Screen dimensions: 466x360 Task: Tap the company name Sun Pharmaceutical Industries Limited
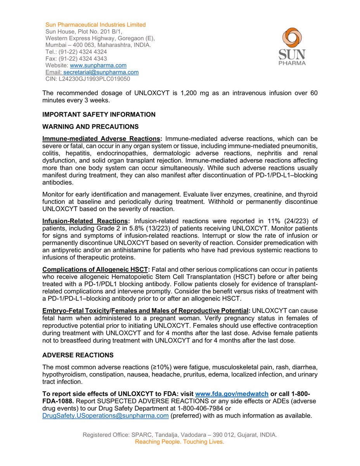(x=95, y=25)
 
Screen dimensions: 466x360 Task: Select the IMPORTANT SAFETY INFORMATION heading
(x=99, y=115)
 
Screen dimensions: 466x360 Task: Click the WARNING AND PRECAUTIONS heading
(x=90, y=127)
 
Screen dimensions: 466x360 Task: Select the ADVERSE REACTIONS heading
(x=78, y=355)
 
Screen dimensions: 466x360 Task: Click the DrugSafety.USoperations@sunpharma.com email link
(x=106, y=416)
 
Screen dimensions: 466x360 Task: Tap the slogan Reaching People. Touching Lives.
(x=179, y=442)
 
